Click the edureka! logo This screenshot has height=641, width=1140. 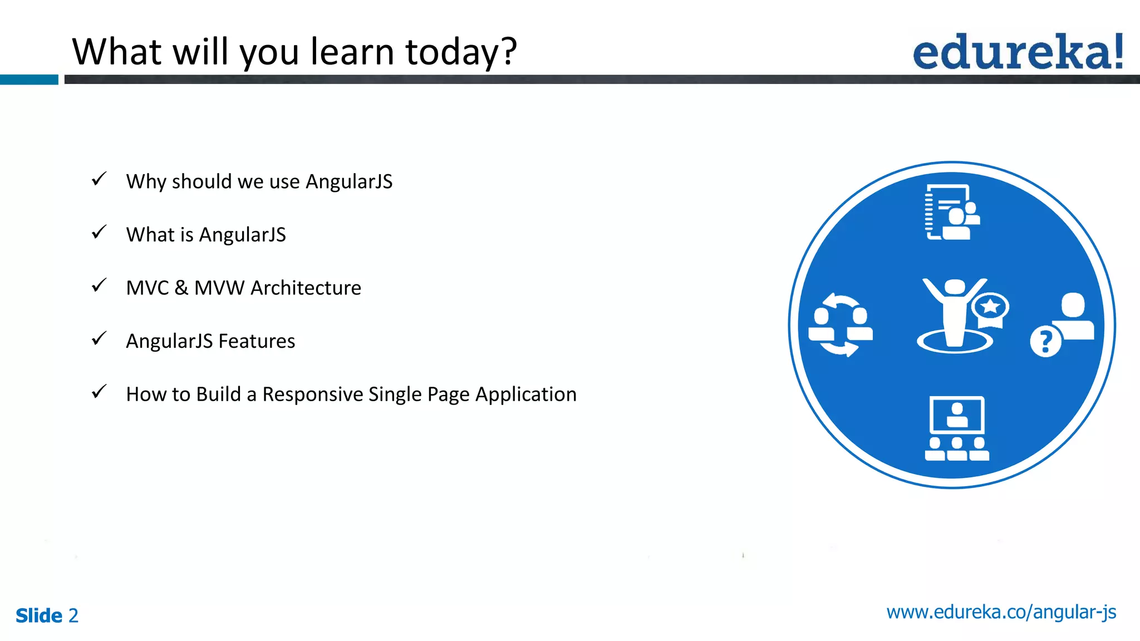point(1018,52)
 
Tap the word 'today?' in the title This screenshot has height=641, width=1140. point(461,52)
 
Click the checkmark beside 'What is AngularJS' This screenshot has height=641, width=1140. point(99,232)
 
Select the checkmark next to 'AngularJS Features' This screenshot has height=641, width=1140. point(99,338)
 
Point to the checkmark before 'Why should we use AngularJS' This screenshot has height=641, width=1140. point(99,179)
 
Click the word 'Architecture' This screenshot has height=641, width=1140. point(306,288)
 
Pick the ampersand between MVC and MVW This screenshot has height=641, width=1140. point(181,288)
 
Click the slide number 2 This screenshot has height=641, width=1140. point(73,615)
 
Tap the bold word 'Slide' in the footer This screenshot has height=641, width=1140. point(39,615)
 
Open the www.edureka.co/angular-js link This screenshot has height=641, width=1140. point(1001,612)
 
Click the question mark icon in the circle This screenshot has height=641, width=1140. point(1045,341)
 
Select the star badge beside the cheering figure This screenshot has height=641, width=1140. point(990,307)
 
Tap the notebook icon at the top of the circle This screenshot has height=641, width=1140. point(951,212)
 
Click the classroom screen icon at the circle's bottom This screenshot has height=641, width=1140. point(956,428)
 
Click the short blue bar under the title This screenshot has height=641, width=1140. point(29,80)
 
